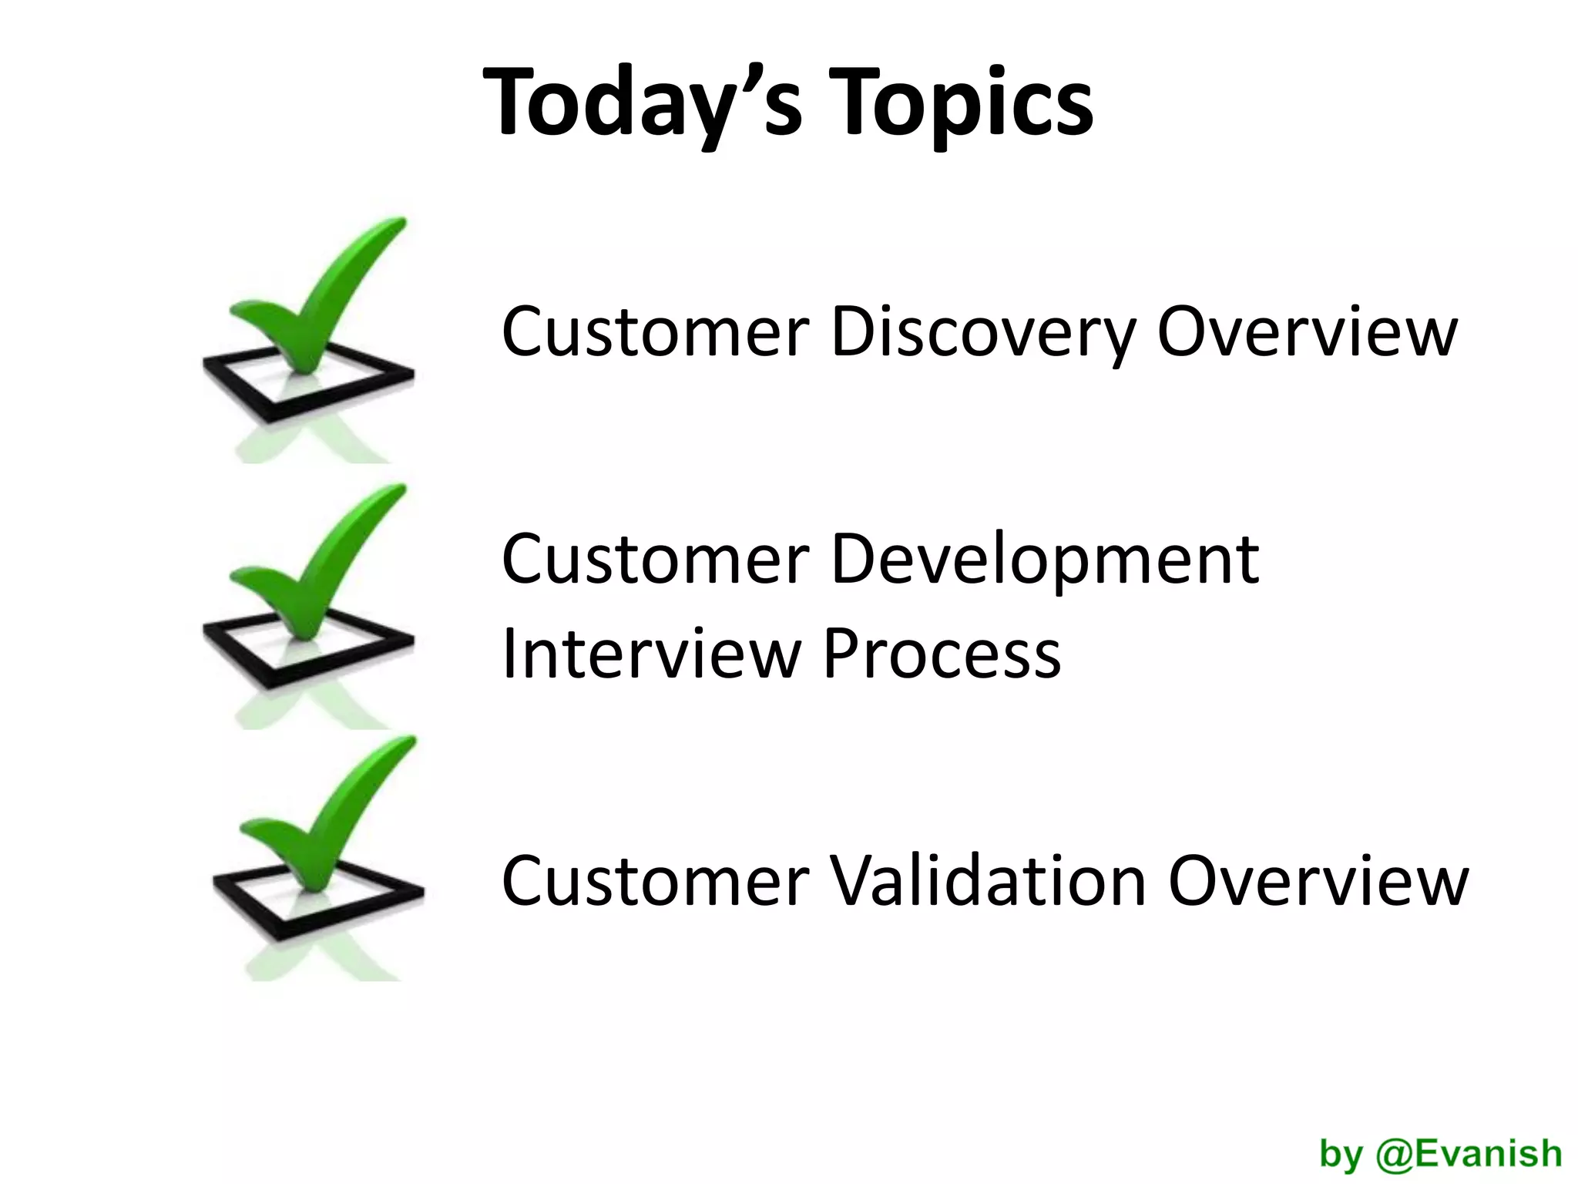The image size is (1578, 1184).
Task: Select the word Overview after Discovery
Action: coord(1307,332)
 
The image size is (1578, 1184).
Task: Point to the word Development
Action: coord(1045,560)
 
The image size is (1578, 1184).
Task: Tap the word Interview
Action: coord(651,654)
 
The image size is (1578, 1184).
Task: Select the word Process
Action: coord(942,654)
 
